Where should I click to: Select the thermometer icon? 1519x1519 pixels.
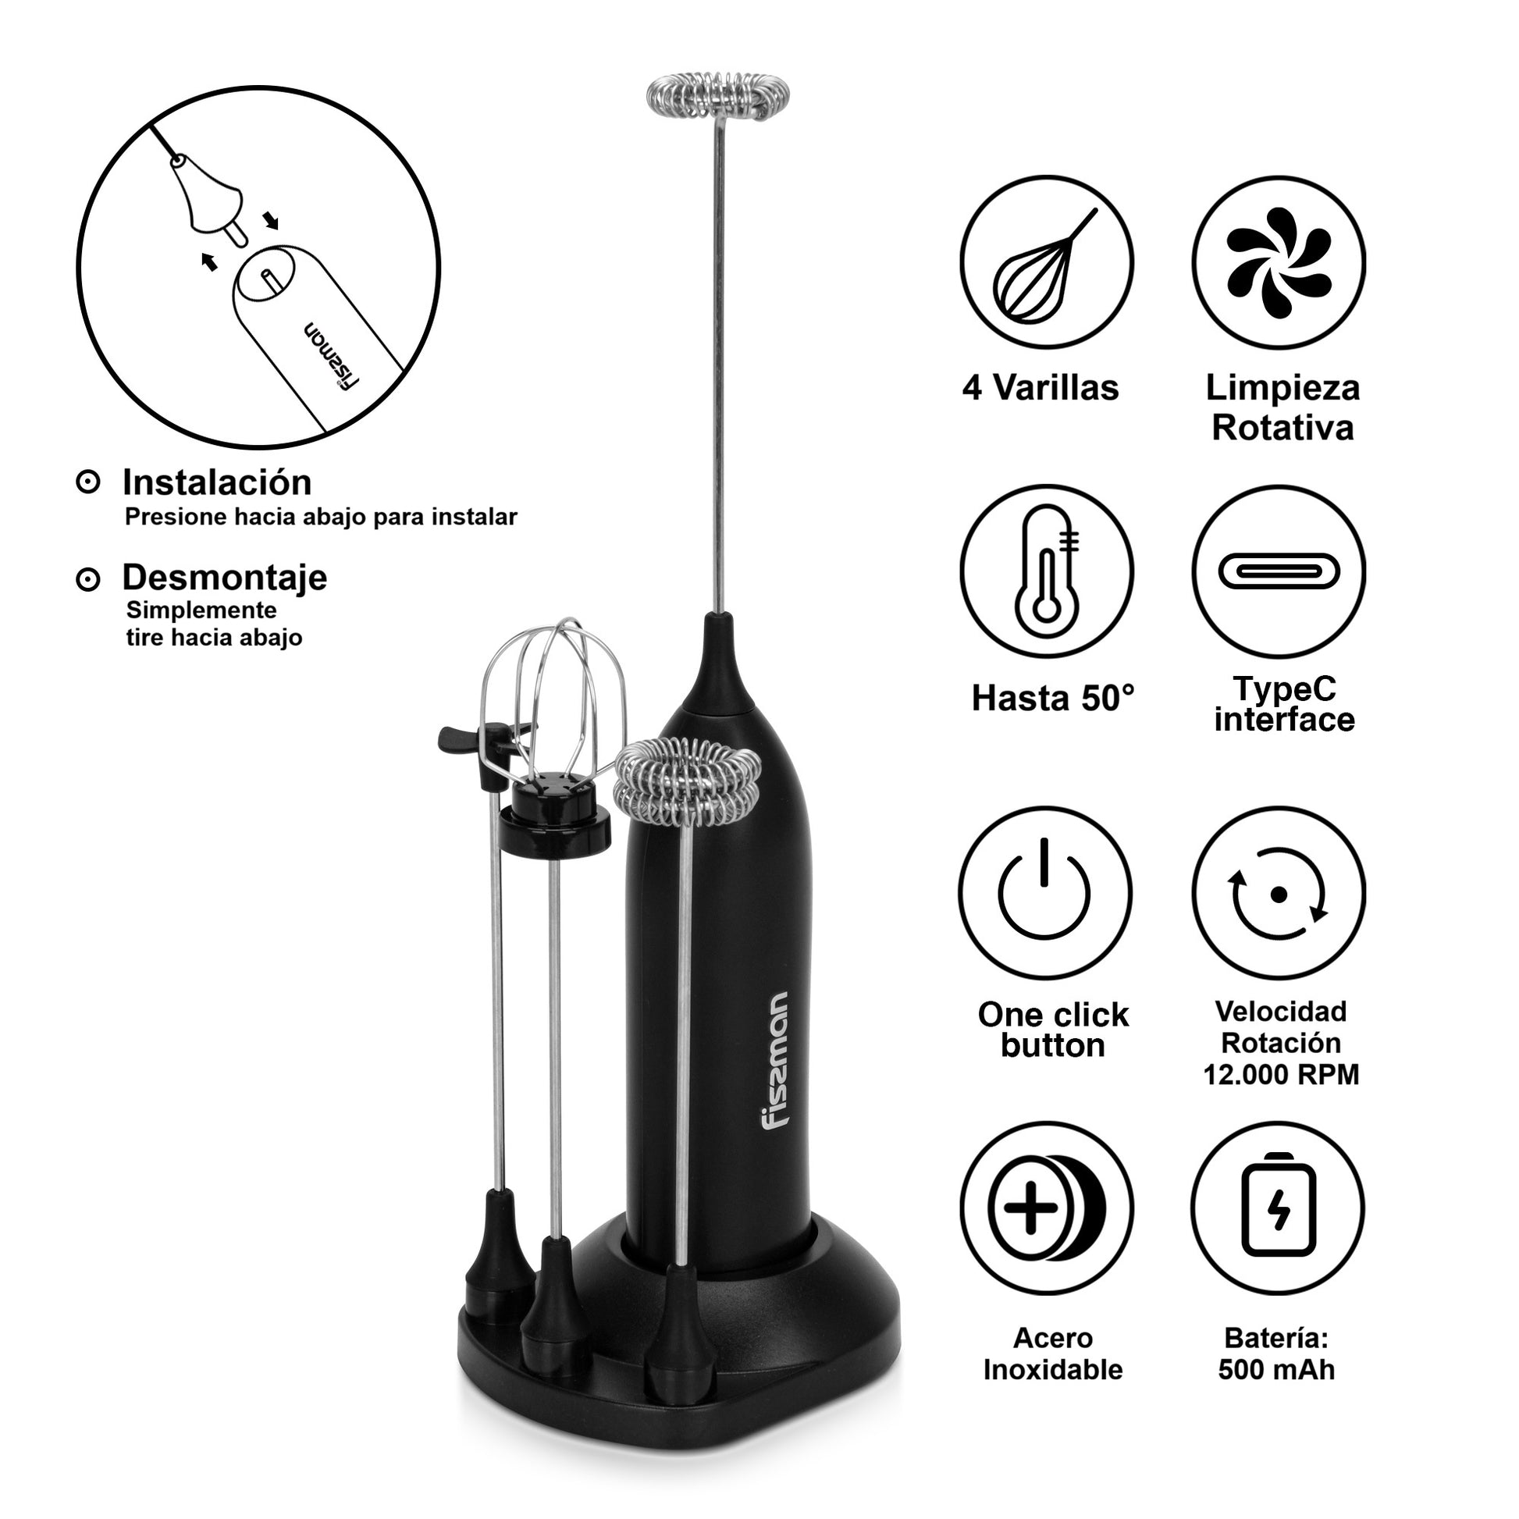click(1047, 571)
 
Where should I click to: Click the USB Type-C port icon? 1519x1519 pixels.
click(1279, 571)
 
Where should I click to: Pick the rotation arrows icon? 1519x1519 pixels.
click(1279, 893)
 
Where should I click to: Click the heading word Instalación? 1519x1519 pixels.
click(217, 482)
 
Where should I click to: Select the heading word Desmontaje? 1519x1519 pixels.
click(225, 578)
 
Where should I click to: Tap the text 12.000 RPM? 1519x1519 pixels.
click(1281, 1075)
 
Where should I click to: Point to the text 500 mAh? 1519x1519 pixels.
click(1277, 1371)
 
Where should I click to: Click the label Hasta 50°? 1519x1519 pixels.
click(1054, 698)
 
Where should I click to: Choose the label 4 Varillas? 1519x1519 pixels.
click(1041, 388)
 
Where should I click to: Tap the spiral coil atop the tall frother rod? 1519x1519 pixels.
click(717, 97)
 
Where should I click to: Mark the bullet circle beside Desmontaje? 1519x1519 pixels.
click(88, 579)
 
